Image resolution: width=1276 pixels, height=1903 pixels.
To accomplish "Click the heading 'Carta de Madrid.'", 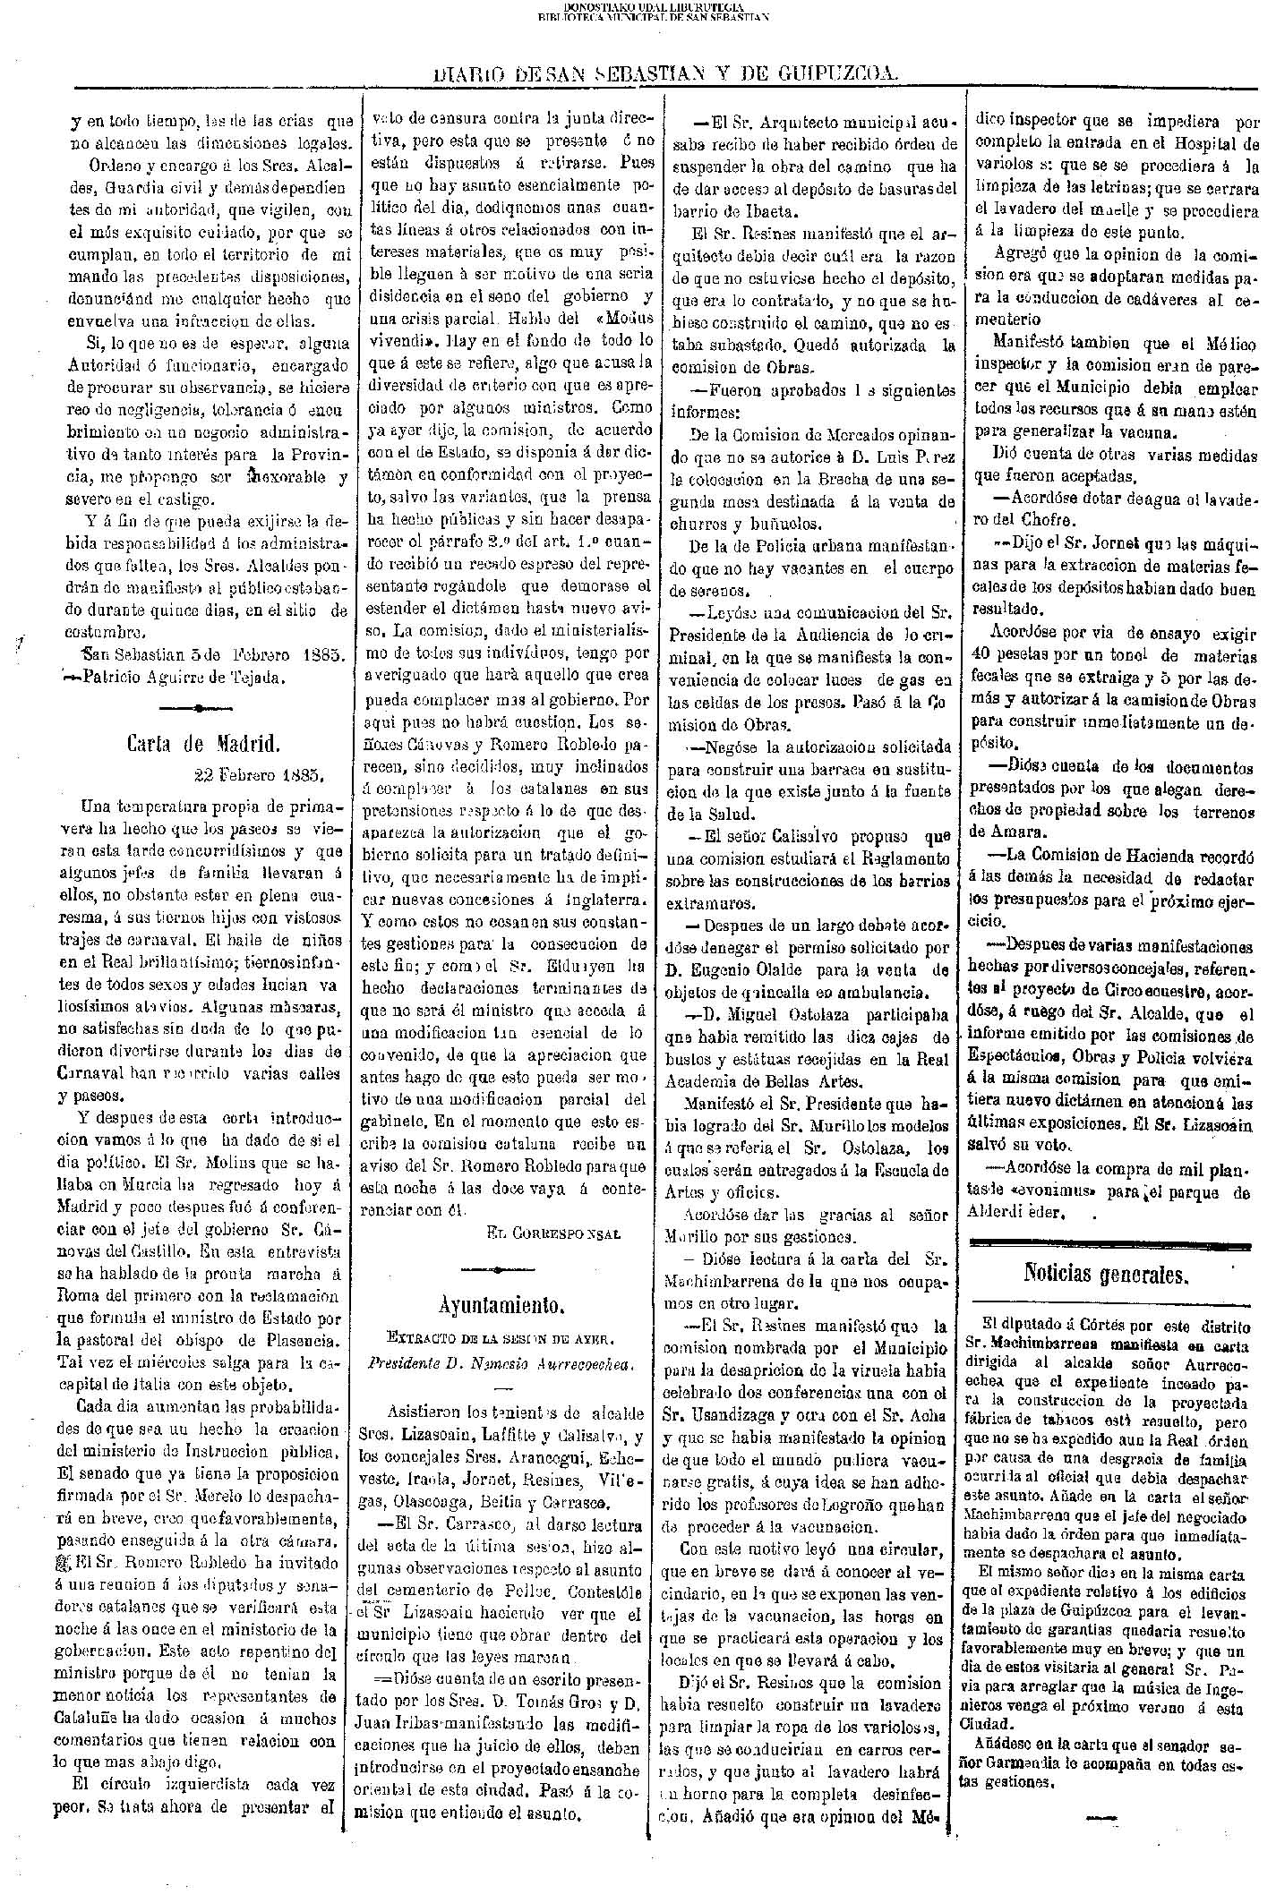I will pos(205,742).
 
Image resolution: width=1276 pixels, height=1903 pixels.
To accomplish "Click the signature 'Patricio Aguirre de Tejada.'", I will pos(186,677).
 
